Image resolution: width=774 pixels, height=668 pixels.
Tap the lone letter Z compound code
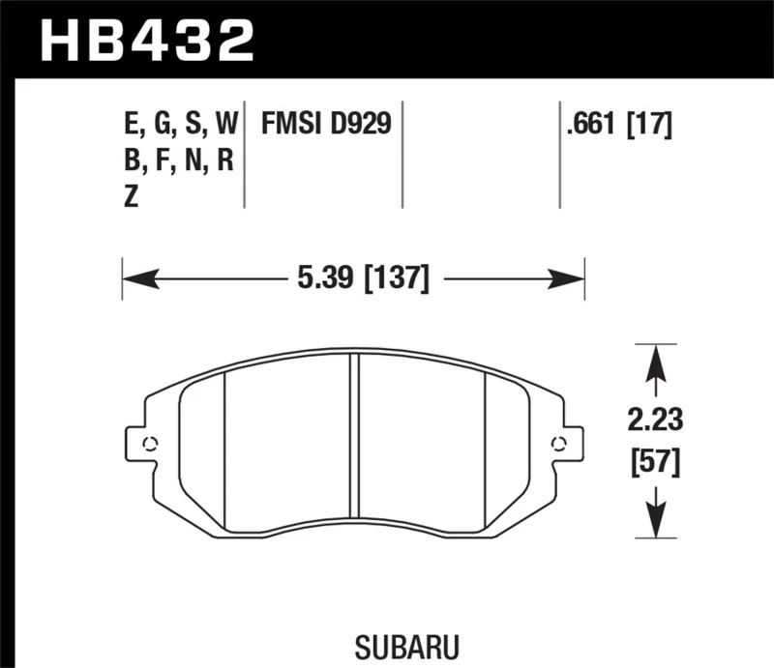tap(132, 196)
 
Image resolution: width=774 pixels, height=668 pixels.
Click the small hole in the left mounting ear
tap(149, 445)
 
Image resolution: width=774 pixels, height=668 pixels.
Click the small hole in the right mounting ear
tap(557, 445)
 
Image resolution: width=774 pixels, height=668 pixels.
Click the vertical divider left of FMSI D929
tap(245, 155)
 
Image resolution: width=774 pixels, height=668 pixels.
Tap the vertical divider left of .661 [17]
tap(560, 155)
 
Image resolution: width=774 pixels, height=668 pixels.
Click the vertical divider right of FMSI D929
tap(402, 155)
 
